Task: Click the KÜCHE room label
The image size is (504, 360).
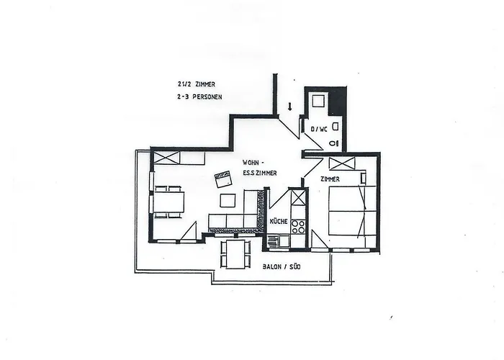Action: click(279, 222)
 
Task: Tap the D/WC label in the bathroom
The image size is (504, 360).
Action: click(319, 129)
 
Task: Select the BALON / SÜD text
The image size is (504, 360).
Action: click(282, 266)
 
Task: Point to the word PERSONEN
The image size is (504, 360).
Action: click(207, 96)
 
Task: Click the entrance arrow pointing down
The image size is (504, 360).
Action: click(289, 107)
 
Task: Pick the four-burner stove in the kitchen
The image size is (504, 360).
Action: click(298, 227)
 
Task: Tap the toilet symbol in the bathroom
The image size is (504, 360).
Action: click(335, 143)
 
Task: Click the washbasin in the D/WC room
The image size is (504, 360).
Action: click(336, 126)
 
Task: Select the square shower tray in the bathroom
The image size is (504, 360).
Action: click(320, 101)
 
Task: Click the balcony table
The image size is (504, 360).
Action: click(235, 254)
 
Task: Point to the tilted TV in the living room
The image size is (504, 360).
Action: click(223, 179)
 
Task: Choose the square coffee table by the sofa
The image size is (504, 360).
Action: click(228, 201)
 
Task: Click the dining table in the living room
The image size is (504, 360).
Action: click(168, 202)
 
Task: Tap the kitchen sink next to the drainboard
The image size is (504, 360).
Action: click(284, 240)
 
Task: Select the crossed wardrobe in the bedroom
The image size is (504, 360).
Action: click(342, 163)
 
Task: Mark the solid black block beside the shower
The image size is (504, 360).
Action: click(338, 101)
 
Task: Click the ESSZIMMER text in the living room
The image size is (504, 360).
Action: click(260, 173)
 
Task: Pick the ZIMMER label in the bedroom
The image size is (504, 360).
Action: click(330, 179)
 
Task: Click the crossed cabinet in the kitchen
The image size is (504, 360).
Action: click(298, 197)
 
